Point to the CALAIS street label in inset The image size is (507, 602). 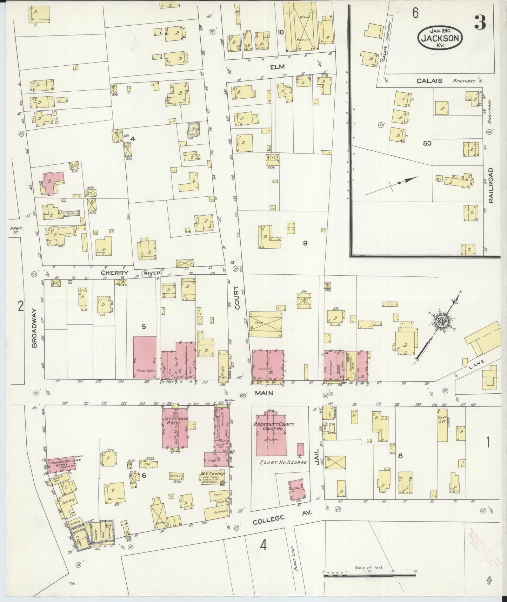click(x=429, y=81)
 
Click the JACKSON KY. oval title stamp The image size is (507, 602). click(x=440, y=36)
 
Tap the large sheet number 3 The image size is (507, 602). click(x=480, y=23)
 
